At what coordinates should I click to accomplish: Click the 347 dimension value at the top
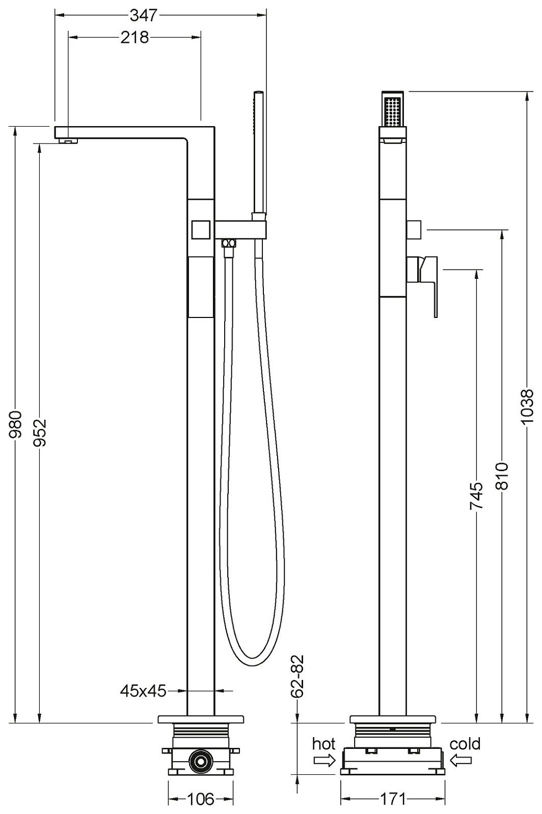(x=143, y=16)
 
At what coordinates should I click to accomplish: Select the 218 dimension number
(x=134, y=38)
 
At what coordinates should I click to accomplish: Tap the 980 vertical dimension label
(x=16, y=425)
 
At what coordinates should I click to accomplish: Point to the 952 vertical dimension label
(x=40, y=432)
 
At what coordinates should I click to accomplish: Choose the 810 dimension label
(x=502, y=475)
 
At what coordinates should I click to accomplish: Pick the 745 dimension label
(x=476, y=496)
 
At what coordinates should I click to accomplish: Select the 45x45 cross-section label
(x=143, y=690)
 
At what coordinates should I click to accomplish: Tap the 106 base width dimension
(x=201, y=799)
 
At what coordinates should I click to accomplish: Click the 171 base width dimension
(x=393, y=799)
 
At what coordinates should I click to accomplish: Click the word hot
(x=324, y=744)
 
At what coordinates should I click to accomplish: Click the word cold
(x=465, y=744)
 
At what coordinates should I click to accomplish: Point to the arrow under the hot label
(x=324, y=761)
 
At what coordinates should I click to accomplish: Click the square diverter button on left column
(x=201, y=229)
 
